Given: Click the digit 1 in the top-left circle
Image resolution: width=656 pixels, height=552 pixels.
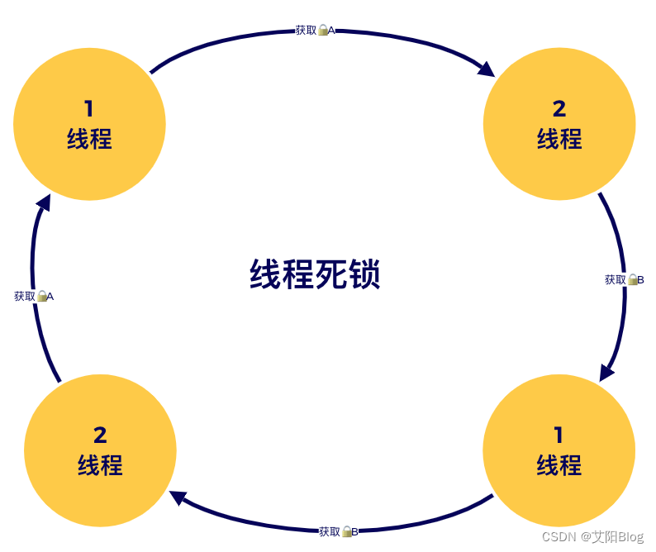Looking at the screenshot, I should [x=89, y=108].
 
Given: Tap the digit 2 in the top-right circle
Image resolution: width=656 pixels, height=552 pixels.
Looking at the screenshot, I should [x=559, y=108].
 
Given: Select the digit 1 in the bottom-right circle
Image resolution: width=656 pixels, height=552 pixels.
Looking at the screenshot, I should [x=559, y=435].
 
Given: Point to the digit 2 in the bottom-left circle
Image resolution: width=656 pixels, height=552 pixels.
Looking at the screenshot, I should [x=100, y=435].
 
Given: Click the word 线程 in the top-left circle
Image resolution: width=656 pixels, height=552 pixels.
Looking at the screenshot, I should [x=89, y=139].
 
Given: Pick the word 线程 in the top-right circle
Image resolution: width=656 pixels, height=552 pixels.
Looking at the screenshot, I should [x=559, y=139].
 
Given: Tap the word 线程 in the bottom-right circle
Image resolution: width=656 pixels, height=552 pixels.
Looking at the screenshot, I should [x=559, y=465].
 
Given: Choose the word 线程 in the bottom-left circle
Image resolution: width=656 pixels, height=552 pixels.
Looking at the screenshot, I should [x=100, y=465].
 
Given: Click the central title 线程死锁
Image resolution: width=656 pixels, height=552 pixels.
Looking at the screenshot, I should [x=315, y=275].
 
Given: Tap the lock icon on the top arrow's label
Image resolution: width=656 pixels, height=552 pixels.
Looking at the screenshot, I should [x=323, y=30].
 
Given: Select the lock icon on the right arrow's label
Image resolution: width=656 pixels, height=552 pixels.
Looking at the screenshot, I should [x=632, y=279].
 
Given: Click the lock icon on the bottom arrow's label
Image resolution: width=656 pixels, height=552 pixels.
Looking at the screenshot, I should [x=347, y=531].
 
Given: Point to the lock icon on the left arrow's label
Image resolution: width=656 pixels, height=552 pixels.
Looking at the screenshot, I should [x=41, y=296].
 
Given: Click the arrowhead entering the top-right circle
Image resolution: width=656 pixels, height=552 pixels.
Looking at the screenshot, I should [x=486, y=68].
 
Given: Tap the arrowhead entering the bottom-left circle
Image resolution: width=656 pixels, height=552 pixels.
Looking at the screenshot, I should [x=178, y=497].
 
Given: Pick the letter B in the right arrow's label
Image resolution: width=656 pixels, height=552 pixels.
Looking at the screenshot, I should [x=640, y=280].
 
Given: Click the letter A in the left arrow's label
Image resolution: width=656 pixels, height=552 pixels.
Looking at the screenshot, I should [x=50, y=297].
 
